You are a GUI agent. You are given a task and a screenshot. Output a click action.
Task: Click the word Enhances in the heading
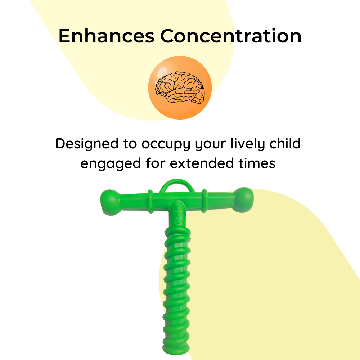coord(107,36)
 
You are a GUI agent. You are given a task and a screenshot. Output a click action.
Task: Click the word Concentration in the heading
coord(231,36)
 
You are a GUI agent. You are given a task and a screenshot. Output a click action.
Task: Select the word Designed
coord(87,144)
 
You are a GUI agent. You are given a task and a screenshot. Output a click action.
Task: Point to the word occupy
coord(166,145)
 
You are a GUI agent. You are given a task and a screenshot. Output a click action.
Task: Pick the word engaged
coord(111,164)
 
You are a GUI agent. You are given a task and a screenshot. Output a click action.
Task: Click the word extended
coord(202,163)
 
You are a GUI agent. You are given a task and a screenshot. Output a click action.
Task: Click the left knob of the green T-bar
coord(110,202)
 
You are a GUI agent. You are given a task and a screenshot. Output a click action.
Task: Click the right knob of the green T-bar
coord(243,200)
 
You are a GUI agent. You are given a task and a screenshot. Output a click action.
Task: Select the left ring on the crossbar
coord(150,202)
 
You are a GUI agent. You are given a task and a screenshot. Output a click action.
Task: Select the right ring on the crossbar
coord(204,201)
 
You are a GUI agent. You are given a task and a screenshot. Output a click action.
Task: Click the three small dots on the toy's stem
coord(178,215)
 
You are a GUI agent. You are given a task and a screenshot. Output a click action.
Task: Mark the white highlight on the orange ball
coord(162,72)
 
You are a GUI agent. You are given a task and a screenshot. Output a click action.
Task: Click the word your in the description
coord(211,145)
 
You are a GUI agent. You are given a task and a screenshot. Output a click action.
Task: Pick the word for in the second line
coord(155,163)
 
